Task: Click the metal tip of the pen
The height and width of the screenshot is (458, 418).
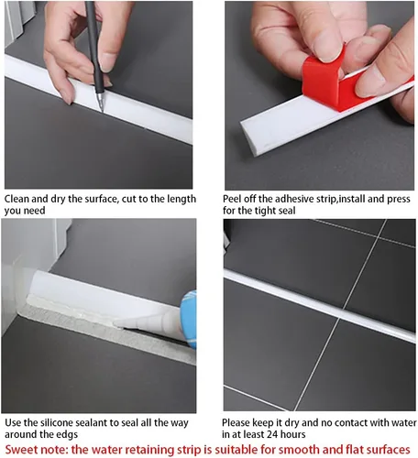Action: pyautogui.click(x=101, y=104)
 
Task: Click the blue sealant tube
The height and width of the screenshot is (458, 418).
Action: pyautogui.click(x=189, y=320)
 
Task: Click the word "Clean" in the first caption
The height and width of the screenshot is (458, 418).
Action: pyautogui.click(x=16, y=199)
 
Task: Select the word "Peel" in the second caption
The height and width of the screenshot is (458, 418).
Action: pyautogui.click(x=233, y=199)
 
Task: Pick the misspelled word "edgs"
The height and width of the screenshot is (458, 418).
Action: pyautogui.click(x=67, y=434)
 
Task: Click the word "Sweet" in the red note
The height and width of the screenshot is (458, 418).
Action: pyautogui.click(x=21, y=450)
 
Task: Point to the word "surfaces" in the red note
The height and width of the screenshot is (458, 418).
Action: pyautogui.click(x=388, y=450)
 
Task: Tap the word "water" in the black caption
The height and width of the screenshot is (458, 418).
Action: pyautogui.click(x=404, y=423)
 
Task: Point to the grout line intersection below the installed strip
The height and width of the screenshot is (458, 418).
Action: pyautogui.click(x=338, y=320)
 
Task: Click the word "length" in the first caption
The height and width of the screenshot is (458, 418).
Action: pyautogui.click(x=181, y=200)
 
